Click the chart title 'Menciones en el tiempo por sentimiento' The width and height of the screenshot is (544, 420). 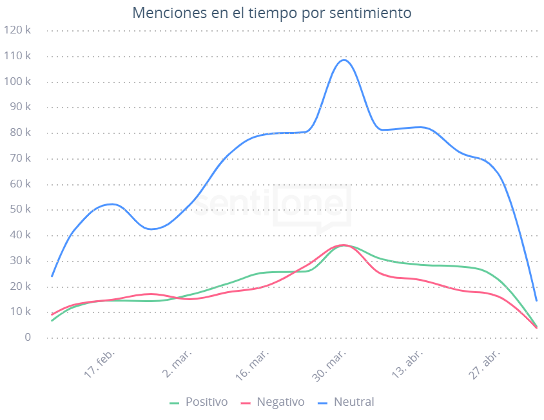tap(271, 13)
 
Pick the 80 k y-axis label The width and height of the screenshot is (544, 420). tap(19, 133)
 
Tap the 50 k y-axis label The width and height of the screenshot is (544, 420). tap(19, 209)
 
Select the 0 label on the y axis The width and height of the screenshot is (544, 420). tap(27, 338)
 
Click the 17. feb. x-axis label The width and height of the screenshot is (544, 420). tap(100, 365)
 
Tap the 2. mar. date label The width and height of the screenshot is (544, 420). tap(178, 365)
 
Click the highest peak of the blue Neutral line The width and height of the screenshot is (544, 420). tap(344, 60)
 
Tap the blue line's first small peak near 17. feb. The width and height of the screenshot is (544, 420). tap(112, 204)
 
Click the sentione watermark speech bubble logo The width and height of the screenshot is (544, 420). tap(313, 207)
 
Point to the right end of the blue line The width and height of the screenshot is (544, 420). tap(536, 300)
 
